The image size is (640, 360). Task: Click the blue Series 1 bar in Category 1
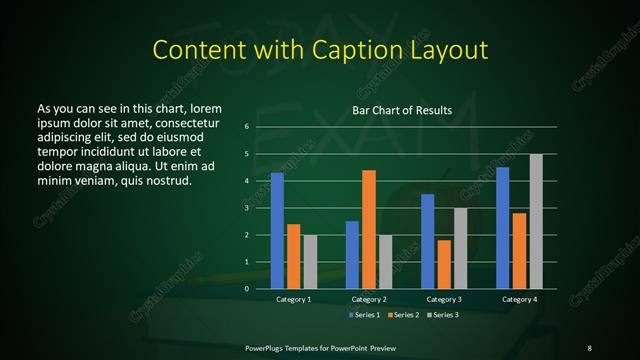(x=277, y=231)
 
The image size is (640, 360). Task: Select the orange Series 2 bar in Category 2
(x=369, y=229)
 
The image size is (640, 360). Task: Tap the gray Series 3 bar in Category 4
(x=536, y=221)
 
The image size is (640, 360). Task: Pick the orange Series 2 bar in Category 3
(x=444, y=264)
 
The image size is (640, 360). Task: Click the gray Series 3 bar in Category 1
(x=310, y=262)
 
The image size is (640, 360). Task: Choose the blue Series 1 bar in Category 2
(x=352, y=255)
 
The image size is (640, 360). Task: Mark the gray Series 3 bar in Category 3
(x=460, y=248)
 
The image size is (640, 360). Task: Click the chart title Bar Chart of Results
(x=402, y=110)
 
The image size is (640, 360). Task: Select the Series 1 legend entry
(x=363, y=315)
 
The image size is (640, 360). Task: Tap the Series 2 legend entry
(x=402, y=315)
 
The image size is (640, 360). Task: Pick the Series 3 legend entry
(x=441, y=315)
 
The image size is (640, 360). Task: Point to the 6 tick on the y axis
(x=246, y=127)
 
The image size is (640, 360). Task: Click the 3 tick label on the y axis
(x=246, y=208)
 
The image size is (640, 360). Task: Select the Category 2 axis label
(x=369, y=299)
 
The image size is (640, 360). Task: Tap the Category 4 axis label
(x=519, y=299)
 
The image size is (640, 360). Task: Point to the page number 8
(x=590, y=347)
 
